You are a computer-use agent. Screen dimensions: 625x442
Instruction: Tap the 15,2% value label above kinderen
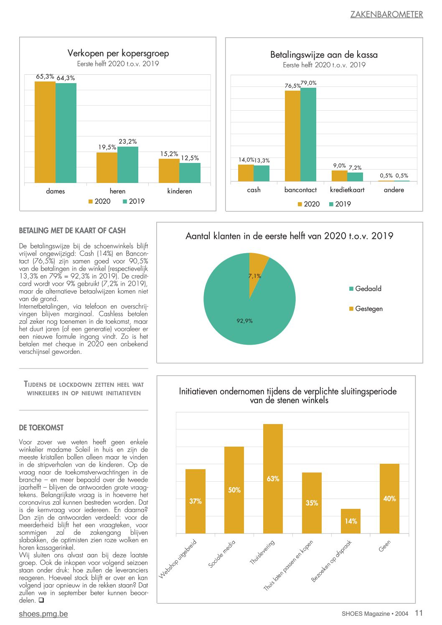click(x=169, y=154)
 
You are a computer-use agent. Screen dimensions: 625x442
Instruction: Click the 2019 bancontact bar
click(x=308, y=135)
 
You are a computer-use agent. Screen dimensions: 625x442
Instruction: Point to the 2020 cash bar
click(x=246, y=173)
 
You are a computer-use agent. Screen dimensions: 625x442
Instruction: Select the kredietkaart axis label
click(x=347, y=190)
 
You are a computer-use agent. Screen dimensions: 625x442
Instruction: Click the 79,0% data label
click(x=309, y=83)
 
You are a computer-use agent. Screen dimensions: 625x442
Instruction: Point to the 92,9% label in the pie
click(x=244, y=321)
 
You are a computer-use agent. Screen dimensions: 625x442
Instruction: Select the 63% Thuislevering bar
click(x=273, y=479)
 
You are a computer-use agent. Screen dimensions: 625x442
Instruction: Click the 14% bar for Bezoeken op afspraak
click(x=351, y=521)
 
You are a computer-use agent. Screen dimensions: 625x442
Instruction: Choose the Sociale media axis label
click(x=222, y=554)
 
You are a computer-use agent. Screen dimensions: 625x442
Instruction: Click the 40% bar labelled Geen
click(x=389, y=498)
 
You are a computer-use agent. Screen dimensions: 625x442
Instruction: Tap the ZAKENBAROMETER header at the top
click(x=386, y=14)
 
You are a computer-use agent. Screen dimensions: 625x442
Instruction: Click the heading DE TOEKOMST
click(x=41, y=427)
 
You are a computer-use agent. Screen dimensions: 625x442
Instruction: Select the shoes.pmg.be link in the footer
click(x=43, y=614)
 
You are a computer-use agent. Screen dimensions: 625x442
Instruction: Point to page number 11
click(x=419, y=613)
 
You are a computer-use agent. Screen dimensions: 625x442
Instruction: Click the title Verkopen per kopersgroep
click(x=118, y=53)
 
